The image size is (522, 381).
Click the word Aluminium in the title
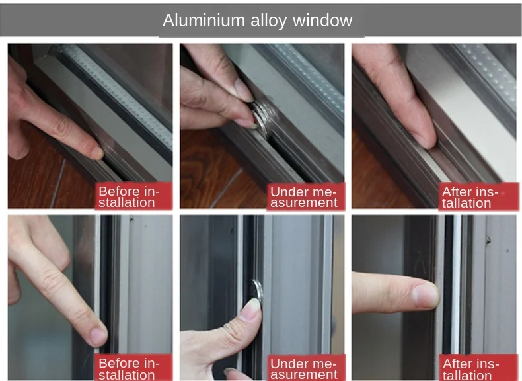pyautogui.click(x=204, y=21)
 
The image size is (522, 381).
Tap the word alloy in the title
pyautogui.click(x=268, y=21)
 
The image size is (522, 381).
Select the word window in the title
pyautogui.click(x=322, y=21)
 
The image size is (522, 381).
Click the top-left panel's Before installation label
pyautogui.click(x=129, y=197)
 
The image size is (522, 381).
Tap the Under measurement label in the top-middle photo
pyautogui.click(x=303, y=197)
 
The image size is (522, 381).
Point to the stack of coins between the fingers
pyautogui.click(x=260, y=118)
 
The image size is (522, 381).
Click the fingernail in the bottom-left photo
pyautogui.click(x=98, y=336)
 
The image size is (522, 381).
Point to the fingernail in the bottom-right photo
pyautogui.click(x=426, y=295)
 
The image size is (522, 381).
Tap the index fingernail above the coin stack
pyautogui.click(x=244, y=89)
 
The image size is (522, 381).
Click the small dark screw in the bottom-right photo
pyautogui.click(x=488, y=239)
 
